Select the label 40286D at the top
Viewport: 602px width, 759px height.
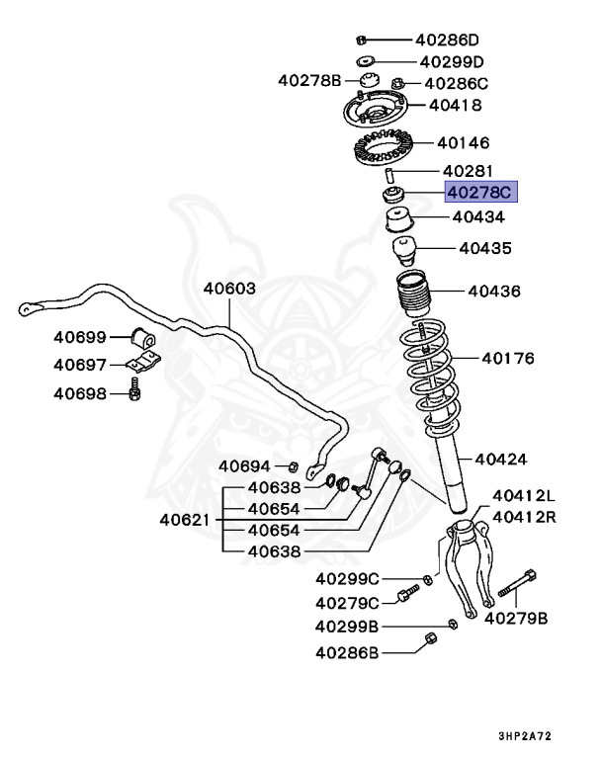tap(447, 41)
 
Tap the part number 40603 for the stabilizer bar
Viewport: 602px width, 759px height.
tap(229, 290)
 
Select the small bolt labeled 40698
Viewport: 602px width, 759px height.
tap(135, 394)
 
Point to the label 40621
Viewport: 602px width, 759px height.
tap(185, 519)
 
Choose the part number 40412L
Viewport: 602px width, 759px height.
tap(524, 496)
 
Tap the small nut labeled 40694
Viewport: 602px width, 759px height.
tap(294, 465)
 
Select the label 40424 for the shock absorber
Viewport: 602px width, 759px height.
tap(500, 459)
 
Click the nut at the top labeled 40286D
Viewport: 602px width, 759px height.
tap(362, 41)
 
